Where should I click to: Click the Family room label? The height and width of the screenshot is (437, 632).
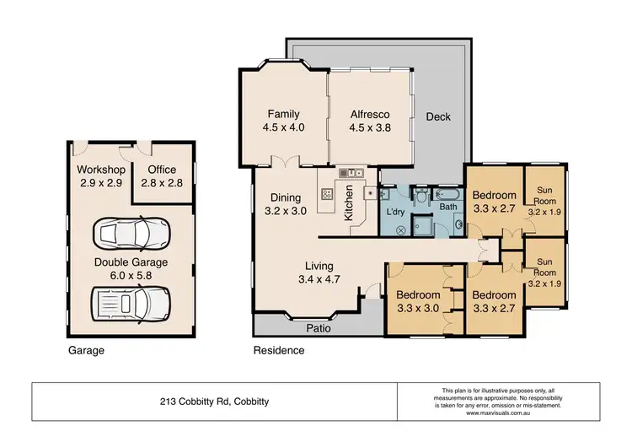(284, 121)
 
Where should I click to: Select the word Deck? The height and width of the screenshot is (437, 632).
(440, 117)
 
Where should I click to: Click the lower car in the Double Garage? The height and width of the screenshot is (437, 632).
(131, 301)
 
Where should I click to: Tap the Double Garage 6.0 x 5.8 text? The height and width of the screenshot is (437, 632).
(131, 269)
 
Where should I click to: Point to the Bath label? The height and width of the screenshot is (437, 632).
(447, 206)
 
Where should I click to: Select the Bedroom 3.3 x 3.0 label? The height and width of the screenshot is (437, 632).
(418, 302)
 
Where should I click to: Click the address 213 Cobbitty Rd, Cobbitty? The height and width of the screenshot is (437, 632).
(215, 402)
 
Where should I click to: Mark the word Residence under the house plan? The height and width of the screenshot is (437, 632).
(279, 349)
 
